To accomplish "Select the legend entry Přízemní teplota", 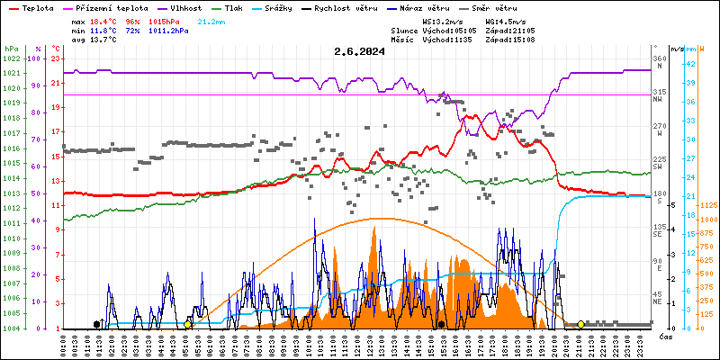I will pyautogui.click(x=104, y=7).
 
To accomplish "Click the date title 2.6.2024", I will pyautogui.click(x=359, y=51).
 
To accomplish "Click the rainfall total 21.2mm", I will pyautogui.click(x=211, y=21).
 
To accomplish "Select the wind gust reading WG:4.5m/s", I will pyautogui.click(x=506, y=21).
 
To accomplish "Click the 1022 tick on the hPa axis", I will pyautogui.click(x=11, y=58).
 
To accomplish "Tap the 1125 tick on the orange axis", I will pyautogui.click(x=706, y=205).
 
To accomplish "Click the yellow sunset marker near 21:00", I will pyautogui.click(x=580, y=324).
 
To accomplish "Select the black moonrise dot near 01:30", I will pyautogui.click(x=96, y=324).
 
